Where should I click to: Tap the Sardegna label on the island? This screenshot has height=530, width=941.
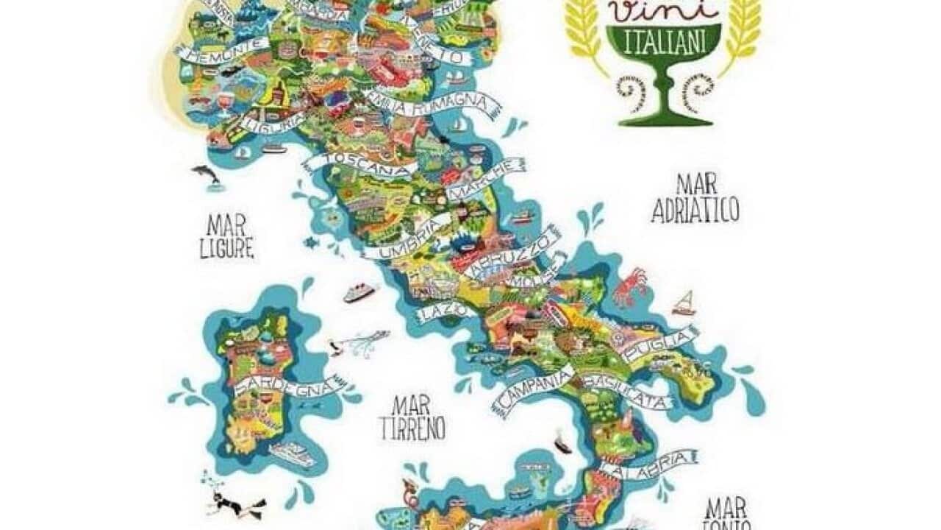pos(288,385)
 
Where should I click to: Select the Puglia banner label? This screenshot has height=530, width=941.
pos(658,344)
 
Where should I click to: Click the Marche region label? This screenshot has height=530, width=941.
pos(488,180)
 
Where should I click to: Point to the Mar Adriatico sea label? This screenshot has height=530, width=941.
pos(694,199)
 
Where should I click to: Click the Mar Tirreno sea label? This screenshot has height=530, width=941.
pos(412,417)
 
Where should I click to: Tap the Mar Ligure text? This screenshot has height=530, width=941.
pos(226,236)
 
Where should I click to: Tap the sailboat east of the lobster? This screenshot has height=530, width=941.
pos(684,303)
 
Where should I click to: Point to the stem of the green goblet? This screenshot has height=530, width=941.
pos(665,94)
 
